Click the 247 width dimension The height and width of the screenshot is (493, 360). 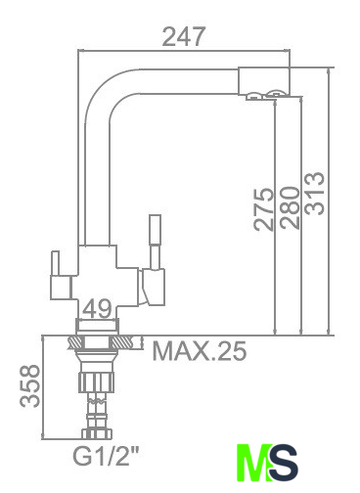[x=184, y=36]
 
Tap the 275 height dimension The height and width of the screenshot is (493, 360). [x=263, y=209]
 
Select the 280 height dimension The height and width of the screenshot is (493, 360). [x=290, y=207]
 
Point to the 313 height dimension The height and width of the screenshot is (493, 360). [x=314, y=193]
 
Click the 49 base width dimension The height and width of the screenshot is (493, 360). [x=97, y=308]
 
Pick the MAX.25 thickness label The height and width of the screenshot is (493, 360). [x=200, y=351]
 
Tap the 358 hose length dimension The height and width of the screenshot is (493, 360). [x=29, y=386]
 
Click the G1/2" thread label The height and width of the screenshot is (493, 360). [x=106, y=456]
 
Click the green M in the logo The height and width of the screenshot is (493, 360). [x=253, y=462]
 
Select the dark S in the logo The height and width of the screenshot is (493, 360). [x=283, y=462]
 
